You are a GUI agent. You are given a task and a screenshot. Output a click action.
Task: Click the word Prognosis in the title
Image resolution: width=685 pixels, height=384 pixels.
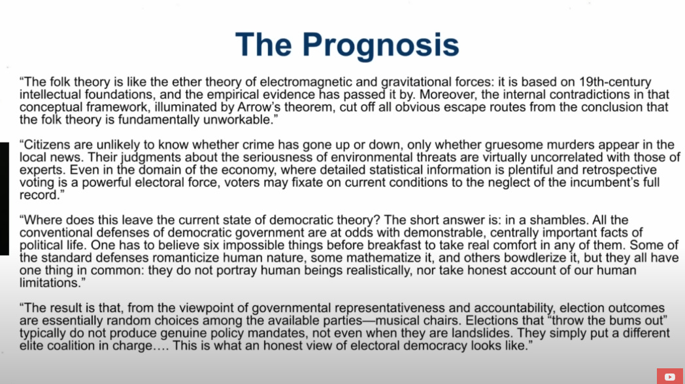(x=380, y=46)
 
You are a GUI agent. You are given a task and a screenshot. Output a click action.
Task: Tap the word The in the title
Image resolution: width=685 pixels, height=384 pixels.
(x=263, y=44)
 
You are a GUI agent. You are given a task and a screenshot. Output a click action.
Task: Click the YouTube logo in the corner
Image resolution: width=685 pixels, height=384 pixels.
(x=670, y=377)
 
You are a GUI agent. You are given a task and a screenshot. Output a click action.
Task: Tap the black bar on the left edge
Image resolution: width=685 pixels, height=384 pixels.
(x=5, y=199)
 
